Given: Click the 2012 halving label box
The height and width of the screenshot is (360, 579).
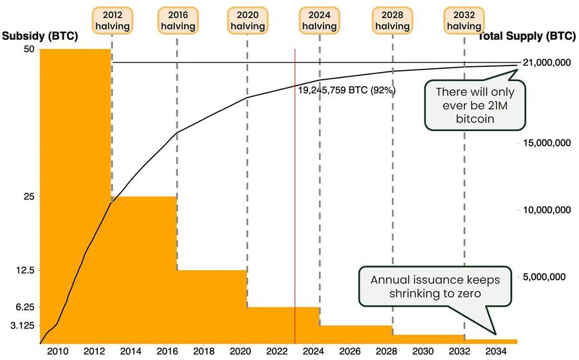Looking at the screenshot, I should click(112, 21).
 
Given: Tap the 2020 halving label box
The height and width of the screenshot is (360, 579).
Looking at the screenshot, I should click(248, 21).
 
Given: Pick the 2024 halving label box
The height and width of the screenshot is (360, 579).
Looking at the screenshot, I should click(320, 21).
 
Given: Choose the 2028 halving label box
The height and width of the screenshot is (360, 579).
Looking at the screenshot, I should click(392, 21).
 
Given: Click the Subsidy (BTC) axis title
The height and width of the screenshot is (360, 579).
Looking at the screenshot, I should click(40, 37).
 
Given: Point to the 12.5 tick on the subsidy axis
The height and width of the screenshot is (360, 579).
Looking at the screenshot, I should click(23, 270).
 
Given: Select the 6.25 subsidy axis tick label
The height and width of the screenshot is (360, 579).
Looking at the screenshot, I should click(23, 307).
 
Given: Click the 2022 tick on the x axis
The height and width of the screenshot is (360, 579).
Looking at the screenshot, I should click(277, 352).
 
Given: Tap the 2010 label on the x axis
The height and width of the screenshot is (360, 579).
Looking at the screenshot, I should click(57, 352).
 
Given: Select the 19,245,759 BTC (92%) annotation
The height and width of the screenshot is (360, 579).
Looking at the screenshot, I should click(346, 91).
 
